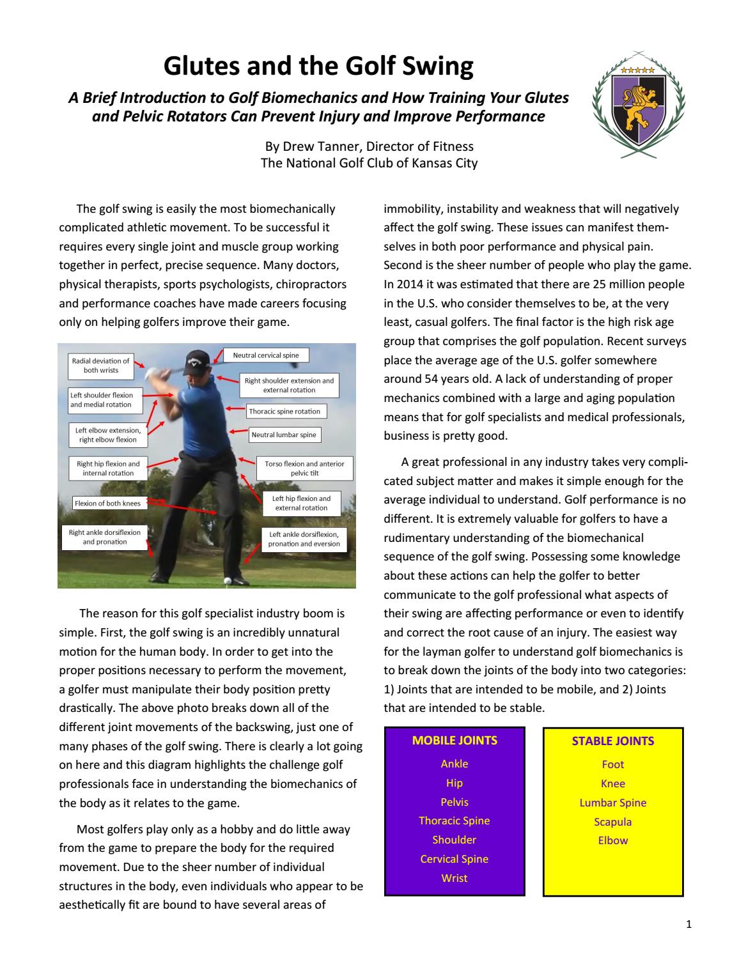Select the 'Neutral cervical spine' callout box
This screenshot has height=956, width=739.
tap(265, 355)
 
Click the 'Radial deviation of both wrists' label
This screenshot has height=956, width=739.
tap(100, 366)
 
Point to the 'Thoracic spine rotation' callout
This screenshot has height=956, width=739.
tap(286, 412)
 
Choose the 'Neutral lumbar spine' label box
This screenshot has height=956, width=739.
tap(283, 435)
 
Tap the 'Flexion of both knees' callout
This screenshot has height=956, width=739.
tap(107, 504)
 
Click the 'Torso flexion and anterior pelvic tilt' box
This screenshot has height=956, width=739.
tap(304, 468)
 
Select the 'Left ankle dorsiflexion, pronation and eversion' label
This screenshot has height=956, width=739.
tap(304, 539)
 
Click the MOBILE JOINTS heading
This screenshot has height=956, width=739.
tap(455, 741)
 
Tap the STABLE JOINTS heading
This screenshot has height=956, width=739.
tap(612, 741)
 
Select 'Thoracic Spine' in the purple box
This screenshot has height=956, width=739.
tap(455, 821)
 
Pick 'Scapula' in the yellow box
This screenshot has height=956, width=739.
tap(612, 822)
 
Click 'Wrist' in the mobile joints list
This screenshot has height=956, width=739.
tap(455, 878)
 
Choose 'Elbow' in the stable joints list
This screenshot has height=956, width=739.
tap(612, 840)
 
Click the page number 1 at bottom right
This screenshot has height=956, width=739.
tap(688, 924)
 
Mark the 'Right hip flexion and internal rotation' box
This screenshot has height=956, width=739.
tap(108, 468)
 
